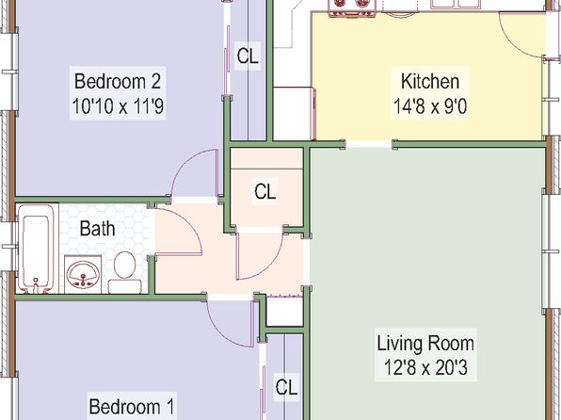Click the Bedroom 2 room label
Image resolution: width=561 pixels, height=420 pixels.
coord(118,81)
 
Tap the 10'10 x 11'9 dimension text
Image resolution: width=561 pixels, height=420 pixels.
coord(118,106)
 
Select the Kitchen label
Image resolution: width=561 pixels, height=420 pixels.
coord(430,81)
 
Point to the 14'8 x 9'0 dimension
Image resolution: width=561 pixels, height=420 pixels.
coord(430,106)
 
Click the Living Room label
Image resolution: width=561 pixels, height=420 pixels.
coord(425,343)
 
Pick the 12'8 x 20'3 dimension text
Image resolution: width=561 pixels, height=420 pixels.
coord(425,367)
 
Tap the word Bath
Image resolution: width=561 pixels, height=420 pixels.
coord(97,228)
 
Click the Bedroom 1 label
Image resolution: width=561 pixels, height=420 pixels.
coord(131,407)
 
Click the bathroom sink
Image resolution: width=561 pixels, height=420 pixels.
coord(83,274)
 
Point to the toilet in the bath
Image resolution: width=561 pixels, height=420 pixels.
coord(125,272)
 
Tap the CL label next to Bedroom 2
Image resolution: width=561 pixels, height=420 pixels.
coord(248,56)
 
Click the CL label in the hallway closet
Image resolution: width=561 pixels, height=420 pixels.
coord(265,191)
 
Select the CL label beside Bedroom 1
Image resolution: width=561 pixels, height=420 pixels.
coord(286,387)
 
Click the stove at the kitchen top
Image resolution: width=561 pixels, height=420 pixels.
coord(352,8)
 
